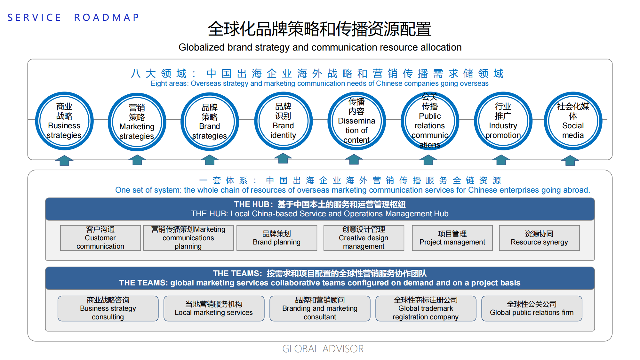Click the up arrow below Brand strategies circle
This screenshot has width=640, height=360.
pos(210,160)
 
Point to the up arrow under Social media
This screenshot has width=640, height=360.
pos(570,160)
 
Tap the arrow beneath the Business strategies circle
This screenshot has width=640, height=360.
pos(64,160)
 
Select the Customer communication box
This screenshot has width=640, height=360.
pos(100,238)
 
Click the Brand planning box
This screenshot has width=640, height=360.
pos(277,238)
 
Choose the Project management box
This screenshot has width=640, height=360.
pos(452,238)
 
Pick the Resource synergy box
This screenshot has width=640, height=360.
pos(539,238)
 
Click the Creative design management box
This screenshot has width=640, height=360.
pos(364,238)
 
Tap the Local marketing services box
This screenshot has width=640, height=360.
pos(214,308)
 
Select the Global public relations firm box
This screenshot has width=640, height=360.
pos(532,308)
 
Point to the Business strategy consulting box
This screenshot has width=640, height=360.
pos(108,308)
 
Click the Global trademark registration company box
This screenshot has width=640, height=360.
pos(426,308)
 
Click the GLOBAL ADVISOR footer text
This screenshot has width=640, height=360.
pos(323,349)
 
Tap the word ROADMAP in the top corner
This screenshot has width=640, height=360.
pos(107,17)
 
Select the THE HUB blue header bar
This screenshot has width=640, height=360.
pos(320,209)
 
